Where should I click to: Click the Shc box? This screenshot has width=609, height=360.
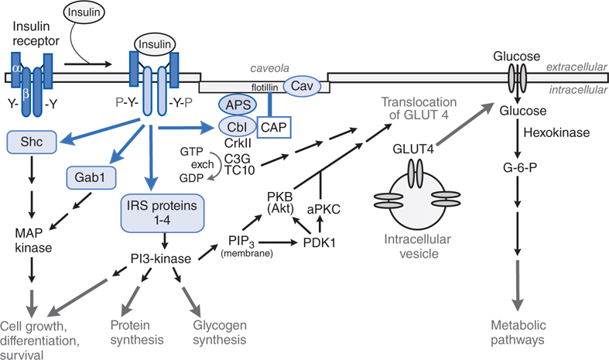pos(29,141)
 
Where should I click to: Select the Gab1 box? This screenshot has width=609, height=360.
pos(84,177)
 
